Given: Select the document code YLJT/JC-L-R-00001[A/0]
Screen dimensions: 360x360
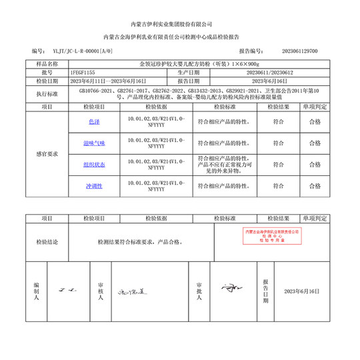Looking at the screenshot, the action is tap(77, 51).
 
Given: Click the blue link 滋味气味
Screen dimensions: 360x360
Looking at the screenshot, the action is tap(94, 143).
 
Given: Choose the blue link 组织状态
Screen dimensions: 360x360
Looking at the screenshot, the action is tap(94, 164).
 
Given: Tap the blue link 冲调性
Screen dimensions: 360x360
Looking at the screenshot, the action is tap(94, 185).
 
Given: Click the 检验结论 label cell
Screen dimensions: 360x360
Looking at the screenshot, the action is tap(47, 242).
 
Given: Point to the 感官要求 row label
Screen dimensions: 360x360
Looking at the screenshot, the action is tap(47, 153).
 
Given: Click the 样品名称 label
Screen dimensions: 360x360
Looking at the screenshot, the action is tap(47, 63).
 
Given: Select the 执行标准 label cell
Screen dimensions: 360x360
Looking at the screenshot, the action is tap(47, 93).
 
